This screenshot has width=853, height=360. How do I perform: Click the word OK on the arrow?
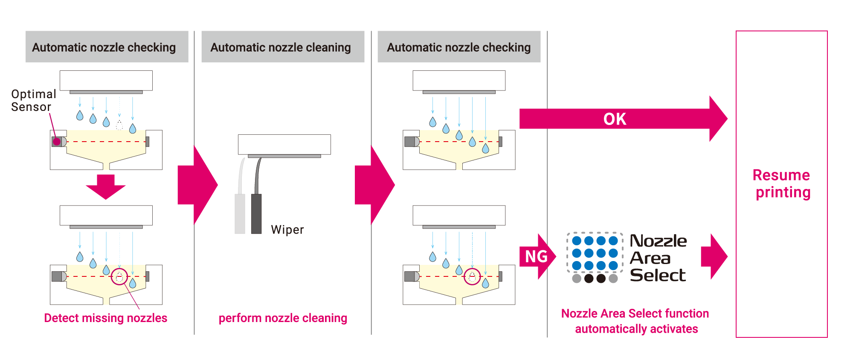coord(615,119)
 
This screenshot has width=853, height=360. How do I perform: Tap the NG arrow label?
coord(536,256)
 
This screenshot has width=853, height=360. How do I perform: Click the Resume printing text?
coord(782,183)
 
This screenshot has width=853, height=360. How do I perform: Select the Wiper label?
coord(287,229)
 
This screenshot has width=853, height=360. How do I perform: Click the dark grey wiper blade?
coord(256,213)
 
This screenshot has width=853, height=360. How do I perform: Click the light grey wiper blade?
coord(240,213)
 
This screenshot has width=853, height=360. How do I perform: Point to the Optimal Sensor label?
coord(33,100)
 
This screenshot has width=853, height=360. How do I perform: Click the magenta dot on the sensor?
coord(57,142)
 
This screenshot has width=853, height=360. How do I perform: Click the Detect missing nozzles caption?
coord(105,318)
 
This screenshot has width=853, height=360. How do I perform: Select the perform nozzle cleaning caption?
coord(282,318)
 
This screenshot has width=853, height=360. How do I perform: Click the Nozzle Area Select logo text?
coord(658,258)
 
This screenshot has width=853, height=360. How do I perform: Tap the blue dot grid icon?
coord(595,253)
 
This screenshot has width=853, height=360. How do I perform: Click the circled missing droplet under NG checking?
coord(472,277)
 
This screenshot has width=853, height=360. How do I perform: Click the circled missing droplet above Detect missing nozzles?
coord(119,277)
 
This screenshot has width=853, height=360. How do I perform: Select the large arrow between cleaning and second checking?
coord(374,185)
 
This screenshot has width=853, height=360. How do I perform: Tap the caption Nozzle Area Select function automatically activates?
coord(635,321)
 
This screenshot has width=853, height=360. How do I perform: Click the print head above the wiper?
coord(284,145)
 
